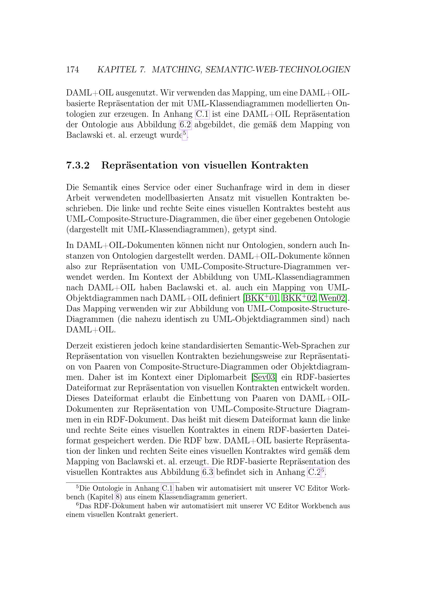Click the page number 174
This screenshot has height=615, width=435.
tap(72, 70)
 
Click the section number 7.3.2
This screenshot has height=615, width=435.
tap(78, 166)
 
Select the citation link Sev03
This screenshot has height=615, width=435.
tap(264, 377)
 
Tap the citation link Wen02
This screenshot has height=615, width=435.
tap(333, 298)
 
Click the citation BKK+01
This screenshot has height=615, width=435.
tap(262, 298)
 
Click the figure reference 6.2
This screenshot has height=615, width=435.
tap(185, 125)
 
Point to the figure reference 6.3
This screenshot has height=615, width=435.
tap(208, 472)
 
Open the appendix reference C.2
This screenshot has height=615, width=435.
tap(314, 472)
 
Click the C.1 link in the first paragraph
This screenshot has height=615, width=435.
tap(202, 114)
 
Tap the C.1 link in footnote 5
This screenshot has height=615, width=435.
tap(168, 488)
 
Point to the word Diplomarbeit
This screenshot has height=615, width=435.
tap(222, 377)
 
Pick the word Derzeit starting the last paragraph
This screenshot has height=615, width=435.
tap(79, 346)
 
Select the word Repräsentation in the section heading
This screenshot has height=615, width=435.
tap(139, 166)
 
